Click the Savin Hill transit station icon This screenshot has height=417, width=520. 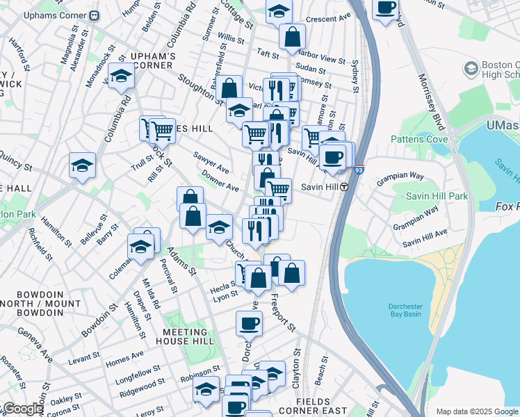coord(343,187)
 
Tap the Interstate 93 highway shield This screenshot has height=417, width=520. coord(359,169)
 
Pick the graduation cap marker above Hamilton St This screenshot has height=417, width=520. coord(82,165)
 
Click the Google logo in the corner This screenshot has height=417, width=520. coord(23,409)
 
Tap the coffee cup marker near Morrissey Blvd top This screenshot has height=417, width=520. coord(385,8)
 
